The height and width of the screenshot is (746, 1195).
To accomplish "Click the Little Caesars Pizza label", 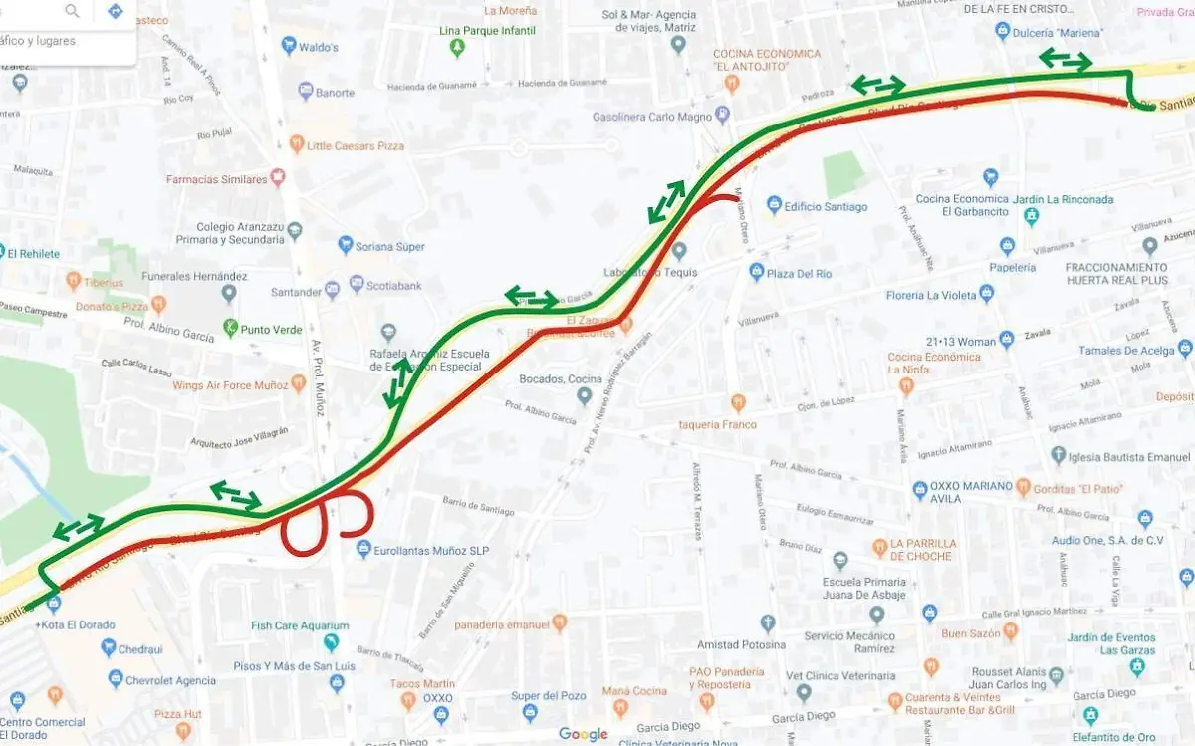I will pyautogui.click(x=356, y=145).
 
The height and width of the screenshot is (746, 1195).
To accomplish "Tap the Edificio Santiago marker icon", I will pyautogui.click(x=774, y=205).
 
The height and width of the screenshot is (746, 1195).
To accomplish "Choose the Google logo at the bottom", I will pyautogui.click(x=583, y=734).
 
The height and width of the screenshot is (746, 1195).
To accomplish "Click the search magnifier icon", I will pyautogui.click(x=73, y=11).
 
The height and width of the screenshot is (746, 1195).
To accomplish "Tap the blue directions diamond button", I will pyautogui.click(x=116, y=11).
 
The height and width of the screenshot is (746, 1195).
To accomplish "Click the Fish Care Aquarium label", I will pyautogui.click(x=298, y=625).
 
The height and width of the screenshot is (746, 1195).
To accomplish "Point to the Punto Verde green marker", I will pyautogui.click(x=230, y=327).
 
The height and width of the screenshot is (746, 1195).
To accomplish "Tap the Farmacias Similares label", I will pyautogui.click(x=216, y=179).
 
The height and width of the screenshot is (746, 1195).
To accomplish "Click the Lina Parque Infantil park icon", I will pyautogui.click(x=457, y=47).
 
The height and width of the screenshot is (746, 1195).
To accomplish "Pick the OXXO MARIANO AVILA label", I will pyautogui.click(x=971, y=492).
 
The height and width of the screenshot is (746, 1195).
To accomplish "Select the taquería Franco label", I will pyautogui.click(x=717, y=424).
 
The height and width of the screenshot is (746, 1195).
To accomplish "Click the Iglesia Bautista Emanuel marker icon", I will pyautogui.click(x=1059, y=455).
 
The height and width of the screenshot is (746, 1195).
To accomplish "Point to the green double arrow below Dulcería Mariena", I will pyautogui.click(x=1065, y=60).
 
